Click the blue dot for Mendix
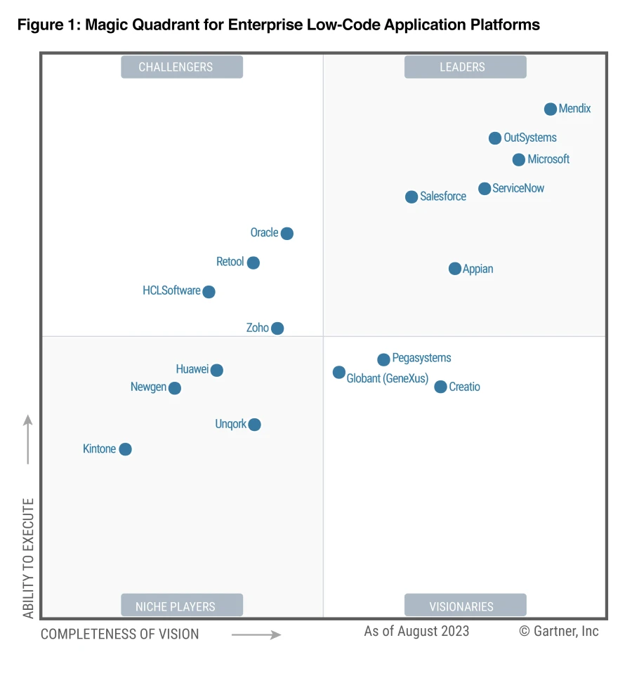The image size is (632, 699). pos(551,109)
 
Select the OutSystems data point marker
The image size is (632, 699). pos(495,138)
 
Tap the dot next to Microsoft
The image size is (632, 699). pos(519,160)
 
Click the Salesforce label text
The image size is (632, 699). pos(443,197)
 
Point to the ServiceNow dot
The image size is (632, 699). pos(485,189)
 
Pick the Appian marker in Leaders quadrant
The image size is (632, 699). pos(455,269)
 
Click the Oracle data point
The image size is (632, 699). pos(287,234)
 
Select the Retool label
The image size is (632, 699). pos(230,262)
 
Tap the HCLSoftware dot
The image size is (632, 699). pos(209,292)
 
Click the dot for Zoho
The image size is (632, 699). pos(277,328)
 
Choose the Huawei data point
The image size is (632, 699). pos(217,371)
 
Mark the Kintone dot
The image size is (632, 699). pos(125,449)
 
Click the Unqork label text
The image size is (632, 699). pos(231,425)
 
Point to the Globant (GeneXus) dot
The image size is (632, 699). pos(339,373)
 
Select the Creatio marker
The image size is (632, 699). pos(440,387)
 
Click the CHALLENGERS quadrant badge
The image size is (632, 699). pos(182,67)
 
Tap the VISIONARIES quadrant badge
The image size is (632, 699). pos(465,606)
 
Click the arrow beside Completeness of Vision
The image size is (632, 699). pos(256,635)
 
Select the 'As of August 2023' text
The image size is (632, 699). pos(416,631)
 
